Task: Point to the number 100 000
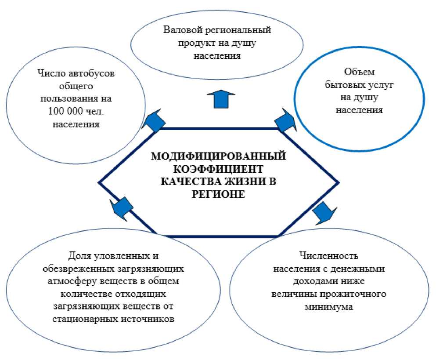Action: point(61,112)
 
